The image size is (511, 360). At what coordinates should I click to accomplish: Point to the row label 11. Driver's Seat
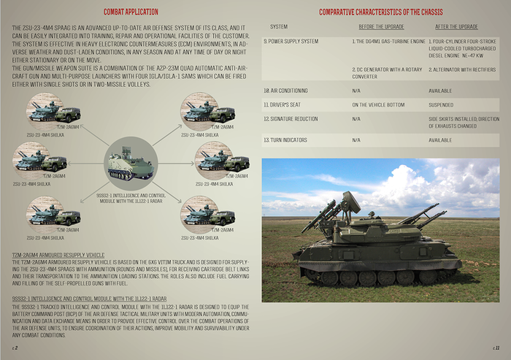(282, 104)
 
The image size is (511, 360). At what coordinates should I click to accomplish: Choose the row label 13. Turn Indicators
(285, 139)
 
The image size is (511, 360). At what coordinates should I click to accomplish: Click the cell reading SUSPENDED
(442, 104)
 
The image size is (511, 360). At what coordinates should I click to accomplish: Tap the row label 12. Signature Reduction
(291, 118)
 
